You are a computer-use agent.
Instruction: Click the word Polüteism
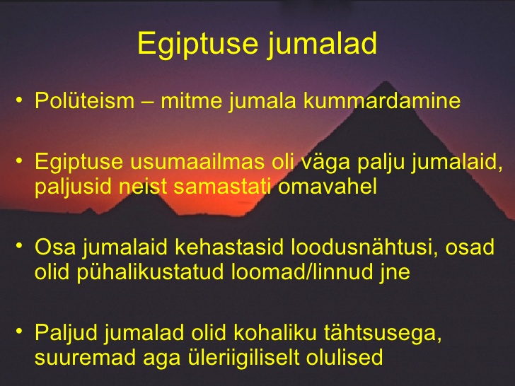click(85, 100)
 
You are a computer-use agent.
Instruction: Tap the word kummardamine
click(382, 100)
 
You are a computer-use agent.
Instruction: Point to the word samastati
click(222, 186)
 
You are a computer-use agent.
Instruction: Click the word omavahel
click(327, 186)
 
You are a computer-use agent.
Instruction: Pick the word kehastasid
click(229, 247)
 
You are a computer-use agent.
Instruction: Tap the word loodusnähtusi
click(364, 247)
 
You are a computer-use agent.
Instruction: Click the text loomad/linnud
click(302, 271)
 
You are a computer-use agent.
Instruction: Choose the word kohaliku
click(275, 332)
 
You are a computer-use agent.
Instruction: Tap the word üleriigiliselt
click(243, 357)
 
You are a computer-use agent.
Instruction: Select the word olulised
click(345, 357)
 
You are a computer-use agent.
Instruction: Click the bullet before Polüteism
click(20, 100)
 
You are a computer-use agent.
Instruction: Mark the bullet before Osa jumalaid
click(20, 246)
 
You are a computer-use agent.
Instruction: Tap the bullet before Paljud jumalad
click(20, 332)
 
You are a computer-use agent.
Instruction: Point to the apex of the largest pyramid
click(386, 81)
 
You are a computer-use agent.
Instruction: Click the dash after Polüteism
click(147, 101)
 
